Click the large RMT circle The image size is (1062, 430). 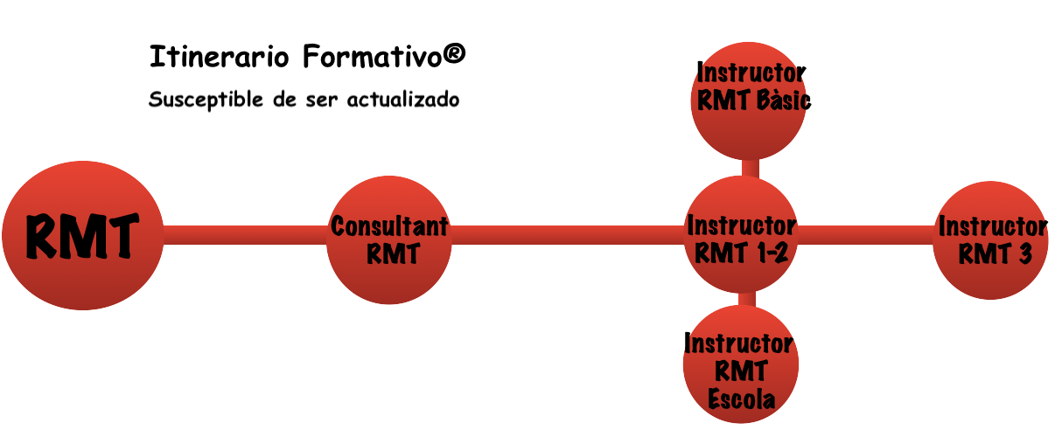click(81, 236)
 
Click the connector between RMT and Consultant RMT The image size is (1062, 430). click(245, 234)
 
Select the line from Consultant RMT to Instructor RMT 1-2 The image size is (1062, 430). click(569, 234)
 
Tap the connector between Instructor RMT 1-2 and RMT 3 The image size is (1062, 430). click(866, 234)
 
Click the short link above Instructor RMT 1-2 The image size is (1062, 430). click(749, 167)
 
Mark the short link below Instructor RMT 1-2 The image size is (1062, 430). click(745, 299)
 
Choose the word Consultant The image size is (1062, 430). click(389, 226)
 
